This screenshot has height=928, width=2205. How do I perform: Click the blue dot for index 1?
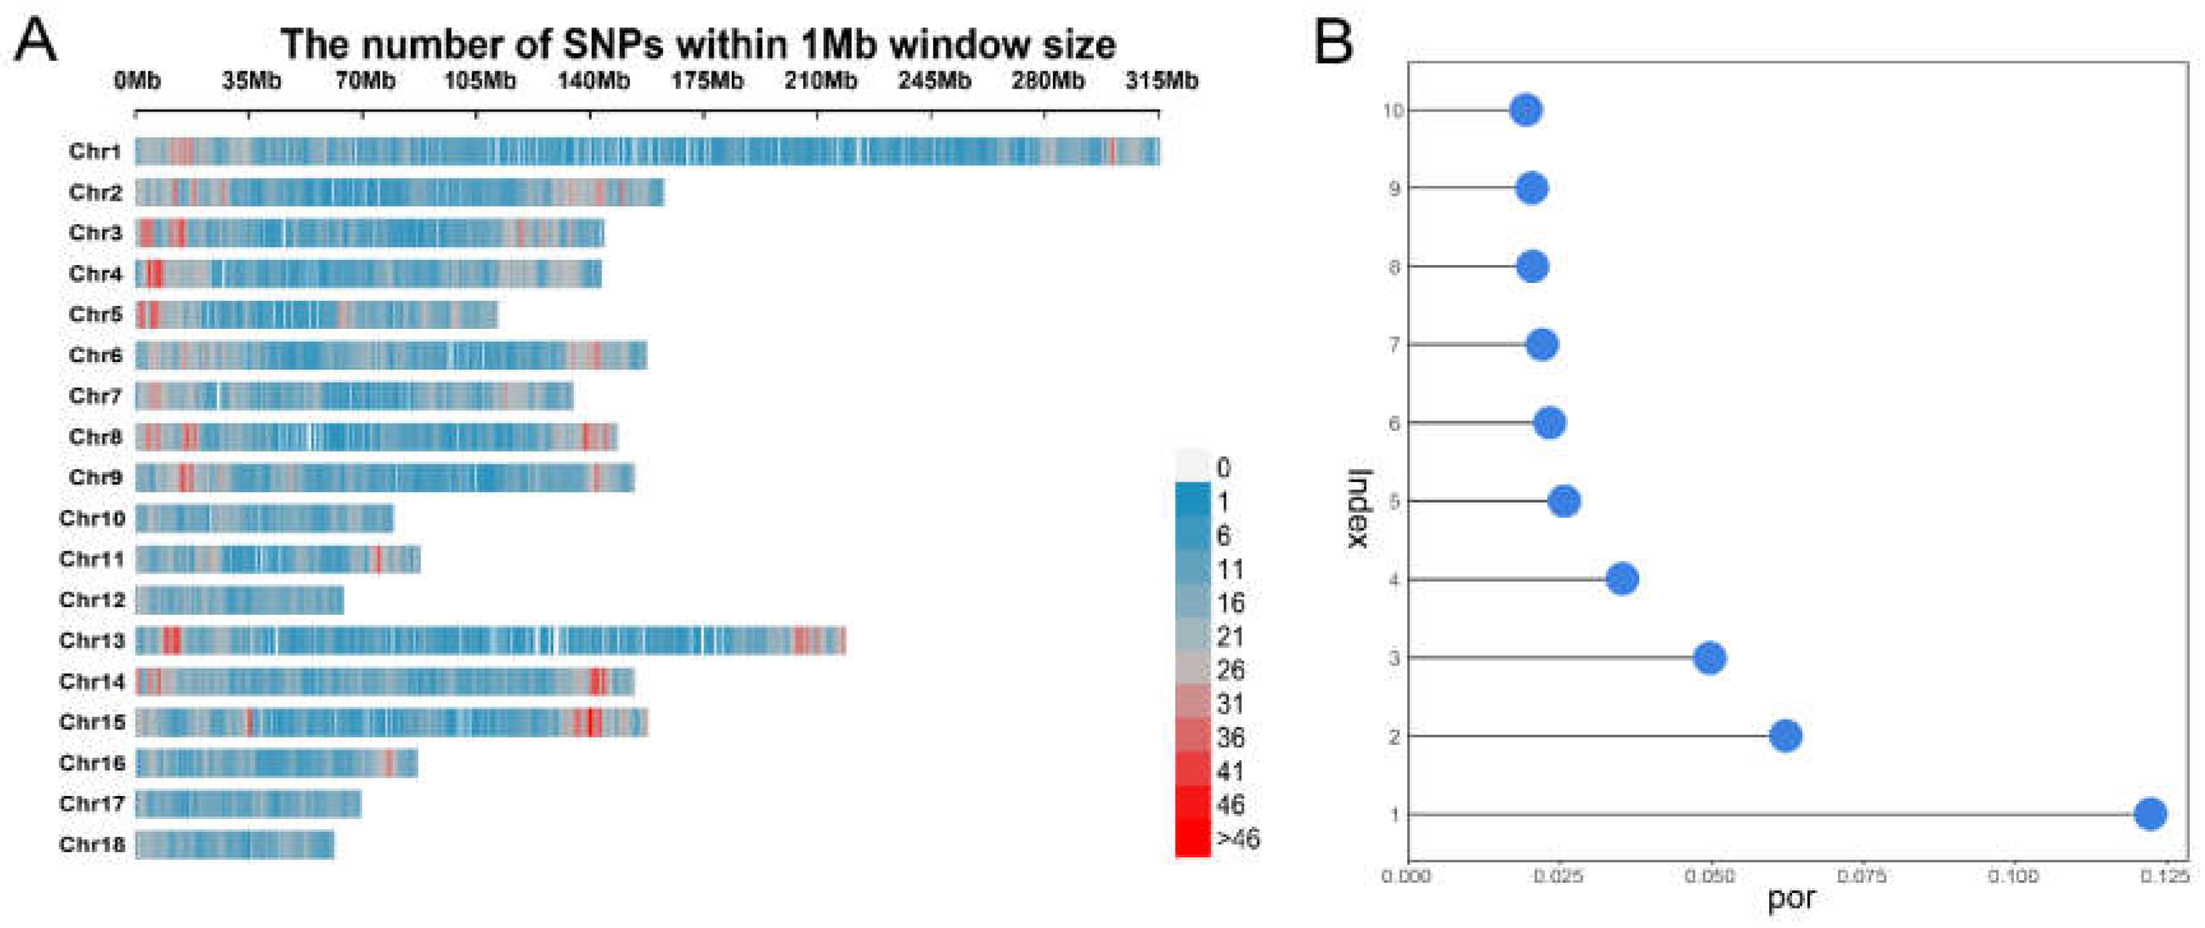(x=2150, y=814)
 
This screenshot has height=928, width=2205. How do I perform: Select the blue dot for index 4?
(x=1622, y=579)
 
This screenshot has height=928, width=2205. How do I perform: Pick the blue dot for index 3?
(x=1709, y=658)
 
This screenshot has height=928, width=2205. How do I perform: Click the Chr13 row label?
(x=92, y=641)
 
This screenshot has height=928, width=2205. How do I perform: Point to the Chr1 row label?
(x=95, y=152)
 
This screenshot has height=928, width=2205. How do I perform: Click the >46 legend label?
(x=1237, y=839)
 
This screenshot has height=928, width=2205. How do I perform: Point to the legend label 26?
(x=1230, y=671)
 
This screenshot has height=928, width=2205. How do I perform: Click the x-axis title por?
(x=1791, y=899)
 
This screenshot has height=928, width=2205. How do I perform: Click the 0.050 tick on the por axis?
(x=1709, y=876)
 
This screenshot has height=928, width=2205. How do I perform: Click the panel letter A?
(x=36, y=40)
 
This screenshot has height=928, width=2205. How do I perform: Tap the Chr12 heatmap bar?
(x=240, y=600)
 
